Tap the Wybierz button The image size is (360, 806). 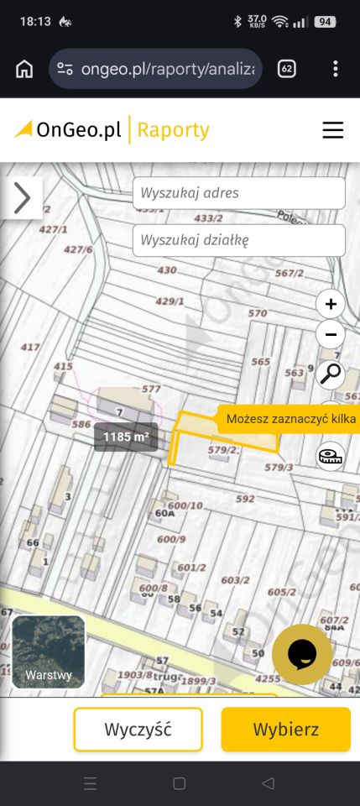285,729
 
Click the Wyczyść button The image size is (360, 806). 138,729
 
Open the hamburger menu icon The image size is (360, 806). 333,130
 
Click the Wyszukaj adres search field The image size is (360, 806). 238,193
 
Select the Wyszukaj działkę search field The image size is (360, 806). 238,240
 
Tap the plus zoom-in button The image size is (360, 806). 331,304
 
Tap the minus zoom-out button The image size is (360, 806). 331,334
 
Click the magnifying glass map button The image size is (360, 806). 331,373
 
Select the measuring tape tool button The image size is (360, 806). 330,456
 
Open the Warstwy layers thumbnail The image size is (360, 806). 48,652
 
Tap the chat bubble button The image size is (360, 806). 302,654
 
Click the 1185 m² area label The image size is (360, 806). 126,437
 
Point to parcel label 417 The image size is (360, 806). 30,347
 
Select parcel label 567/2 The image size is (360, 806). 289,273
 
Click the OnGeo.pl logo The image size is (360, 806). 69,130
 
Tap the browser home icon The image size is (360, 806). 24,69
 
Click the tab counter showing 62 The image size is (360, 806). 286,69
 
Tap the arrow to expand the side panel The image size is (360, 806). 22,198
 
